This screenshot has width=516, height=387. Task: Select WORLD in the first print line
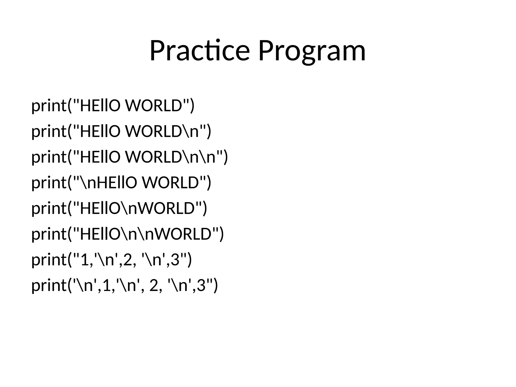(154, 106)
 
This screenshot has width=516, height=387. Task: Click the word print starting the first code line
(49, 106)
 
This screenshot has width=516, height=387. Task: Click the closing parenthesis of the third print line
(225, 157)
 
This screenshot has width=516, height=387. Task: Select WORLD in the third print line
(154, 157)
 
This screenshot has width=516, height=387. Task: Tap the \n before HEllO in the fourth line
(88, 183)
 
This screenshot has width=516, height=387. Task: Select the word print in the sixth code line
(49, 235)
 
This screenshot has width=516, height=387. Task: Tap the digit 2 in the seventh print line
(128, 260)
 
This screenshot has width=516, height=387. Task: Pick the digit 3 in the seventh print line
(175, 260)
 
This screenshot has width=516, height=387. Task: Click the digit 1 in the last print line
(107, 286)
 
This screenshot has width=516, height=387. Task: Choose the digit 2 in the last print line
(153, 286)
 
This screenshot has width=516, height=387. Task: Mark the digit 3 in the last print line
(201, 286)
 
